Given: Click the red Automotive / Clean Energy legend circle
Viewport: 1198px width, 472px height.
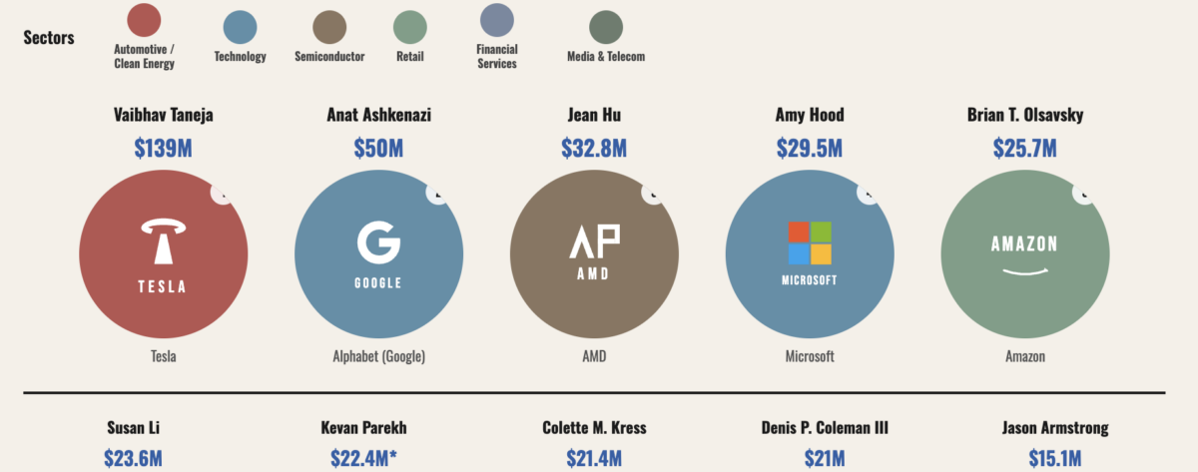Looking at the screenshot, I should coord(144,21).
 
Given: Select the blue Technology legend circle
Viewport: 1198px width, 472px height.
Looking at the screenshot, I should coord(240,27).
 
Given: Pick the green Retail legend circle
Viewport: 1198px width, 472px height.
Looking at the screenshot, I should coord(409,27).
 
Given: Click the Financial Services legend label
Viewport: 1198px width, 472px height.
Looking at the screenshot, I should coord(496,57).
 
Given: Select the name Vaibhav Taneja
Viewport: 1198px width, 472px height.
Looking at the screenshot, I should coord(163,116).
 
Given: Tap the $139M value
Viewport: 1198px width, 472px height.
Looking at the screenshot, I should coord(163,149).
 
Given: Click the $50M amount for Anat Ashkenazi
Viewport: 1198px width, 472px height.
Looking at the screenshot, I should coord(378,149).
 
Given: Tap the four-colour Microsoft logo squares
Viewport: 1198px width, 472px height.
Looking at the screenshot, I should coord(810,242).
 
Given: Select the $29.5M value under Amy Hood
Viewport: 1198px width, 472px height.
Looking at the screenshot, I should coord(809,149).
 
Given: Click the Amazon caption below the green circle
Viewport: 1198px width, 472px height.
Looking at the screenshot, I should coord(1024,356).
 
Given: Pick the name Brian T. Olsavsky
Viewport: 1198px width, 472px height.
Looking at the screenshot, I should coord(1024,116).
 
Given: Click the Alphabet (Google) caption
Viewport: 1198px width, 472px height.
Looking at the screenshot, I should coord(378,356).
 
